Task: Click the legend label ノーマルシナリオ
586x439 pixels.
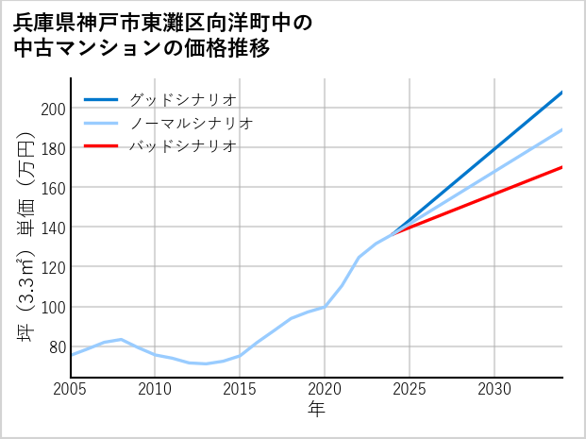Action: pyautogui.click(x=191, y=123)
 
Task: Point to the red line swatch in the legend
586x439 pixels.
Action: pyautogui.click(x=101, y=146)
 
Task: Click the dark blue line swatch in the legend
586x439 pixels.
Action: pyautogui.click(x=101, y=99)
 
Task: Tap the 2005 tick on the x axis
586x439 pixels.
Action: pyautogui.click(x=71, y=389)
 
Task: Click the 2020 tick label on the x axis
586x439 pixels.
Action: pyautogui.click(x=325, y=389)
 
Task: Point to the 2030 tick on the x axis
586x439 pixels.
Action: pyautogui.click(x=494, y=389)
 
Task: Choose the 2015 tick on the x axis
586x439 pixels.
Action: pyautogui.click(x=240, y=389)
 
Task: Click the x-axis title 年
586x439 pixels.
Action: pyautogui.click(x=316, y=410)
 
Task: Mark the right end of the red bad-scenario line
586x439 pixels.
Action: pyautogui.click(x=562, y=167)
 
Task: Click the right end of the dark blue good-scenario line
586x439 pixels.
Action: pyautogui.click(x=562, y=93)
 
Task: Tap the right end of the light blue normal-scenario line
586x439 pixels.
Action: pyautogui.click(x=562, y=129)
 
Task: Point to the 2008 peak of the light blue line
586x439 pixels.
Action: pyautogui.click(x=122, y=339)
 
